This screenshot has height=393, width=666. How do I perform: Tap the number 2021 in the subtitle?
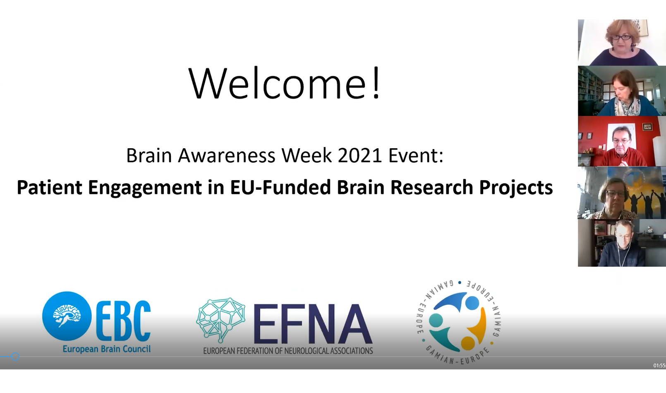(x=359, y=155)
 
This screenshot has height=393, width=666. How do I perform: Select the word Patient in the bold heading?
(x=49, y=187)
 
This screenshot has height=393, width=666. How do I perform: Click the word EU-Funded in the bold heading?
(x=280, y=187)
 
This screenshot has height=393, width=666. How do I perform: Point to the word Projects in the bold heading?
(x=516, y=188)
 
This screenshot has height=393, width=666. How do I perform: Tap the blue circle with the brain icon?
(x=67, y=316)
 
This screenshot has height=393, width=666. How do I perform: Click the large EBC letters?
(x=123, y=321)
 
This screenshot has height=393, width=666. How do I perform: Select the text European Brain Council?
(x=106, y=349)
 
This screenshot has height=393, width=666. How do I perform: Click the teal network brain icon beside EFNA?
(x=220, y=321)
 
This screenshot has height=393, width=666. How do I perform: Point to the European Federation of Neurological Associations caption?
(x=288, y=351)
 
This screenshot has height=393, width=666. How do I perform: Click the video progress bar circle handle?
(x=15, y=357)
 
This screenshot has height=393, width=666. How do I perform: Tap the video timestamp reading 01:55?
(x=659, y=365)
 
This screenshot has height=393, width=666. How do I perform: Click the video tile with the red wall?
(x=622, y=141)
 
